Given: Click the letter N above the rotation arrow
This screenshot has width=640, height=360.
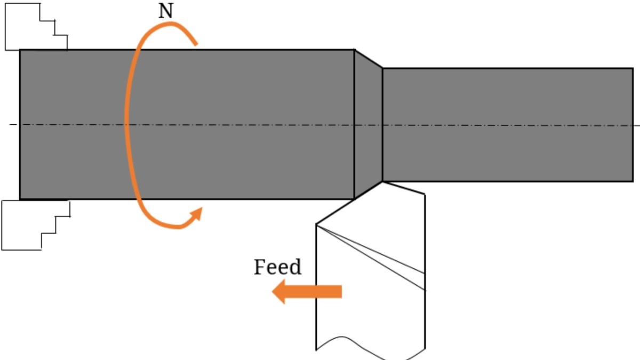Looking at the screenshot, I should [x=166, y=12].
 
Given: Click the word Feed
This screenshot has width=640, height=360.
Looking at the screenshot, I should [x=277, y=267].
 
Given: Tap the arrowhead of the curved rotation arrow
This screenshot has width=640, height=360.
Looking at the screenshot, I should [x=197, y=213].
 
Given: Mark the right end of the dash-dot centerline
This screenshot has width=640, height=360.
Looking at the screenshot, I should [x=638, y=125].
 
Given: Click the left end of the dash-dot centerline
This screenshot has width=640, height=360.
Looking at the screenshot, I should [x=11, y=124].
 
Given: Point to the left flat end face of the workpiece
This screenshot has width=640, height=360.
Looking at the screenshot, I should [x=20, y=124].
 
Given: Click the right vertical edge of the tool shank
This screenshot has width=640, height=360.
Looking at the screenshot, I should [x=425, y=267].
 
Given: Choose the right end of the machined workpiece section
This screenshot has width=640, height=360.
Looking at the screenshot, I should [x=633, y=124].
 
